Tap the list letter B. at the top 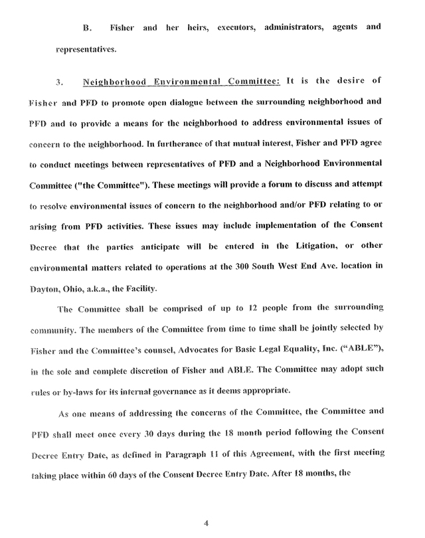coord(86,28)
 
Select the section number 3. coord(58,82)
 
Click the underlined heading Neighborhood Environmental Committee coord(183,82)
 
